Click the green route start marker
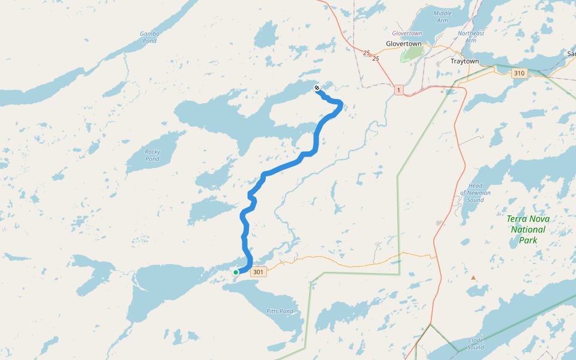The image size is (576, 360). tap(236, 272)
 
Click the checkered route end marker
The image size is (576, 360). tap(317, 89)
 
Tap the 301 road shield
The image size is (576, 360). tap(258, 272)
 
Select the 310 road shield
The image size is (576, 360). tap(519, 73)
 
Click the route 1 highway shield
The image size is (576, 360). tap(399, 90)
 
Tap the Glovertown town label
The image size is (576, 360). tap(404, 44)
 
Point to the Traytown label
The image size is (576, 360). tap(465, 61)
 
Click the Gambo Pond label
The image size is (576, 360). tap(149, 37)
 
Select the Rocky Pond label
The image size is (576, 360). tap(152, 155)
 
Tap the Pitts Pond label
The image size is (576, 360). tap(280, 311)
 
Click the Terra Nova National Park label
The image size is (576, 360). tap(528, 230)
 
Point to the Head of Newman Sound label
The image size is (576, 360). tap(475, 193)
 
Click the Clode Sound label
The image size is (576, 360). tap(475, 344)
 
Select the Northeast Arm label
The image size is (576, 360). tap(470, 37)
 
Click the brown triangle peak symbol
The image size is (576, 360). tap(473, 278)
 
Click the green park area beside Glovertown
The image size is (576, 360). tap(411, 54)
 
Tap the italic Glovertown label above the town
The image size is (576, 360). tap(407, 33)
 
